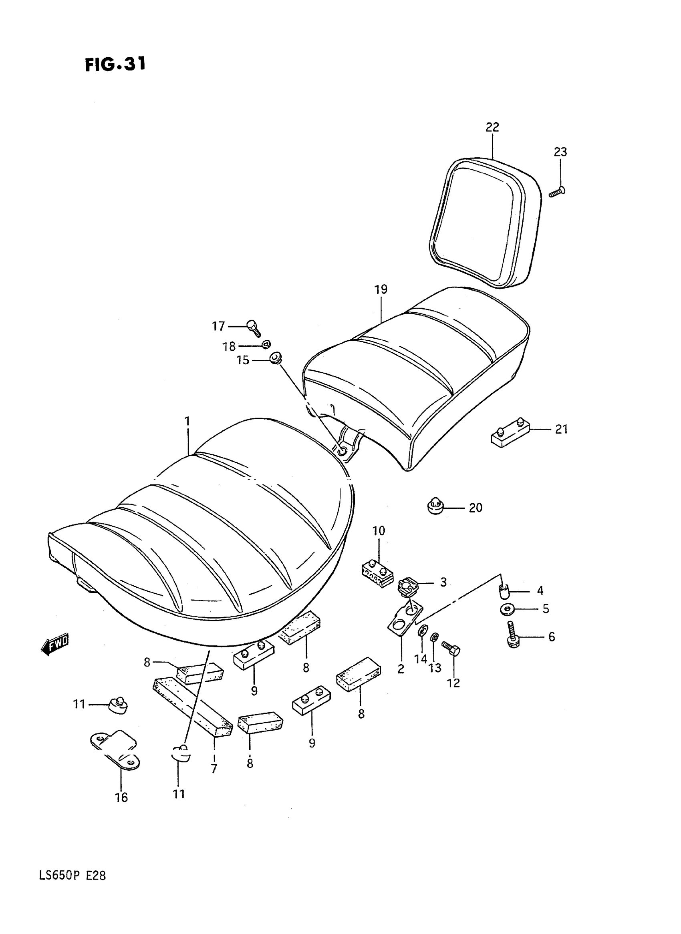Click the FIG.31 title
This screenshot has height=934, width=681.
(x=115, y=64)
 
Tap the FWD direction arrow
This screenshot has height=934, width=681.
(x=55, y=645)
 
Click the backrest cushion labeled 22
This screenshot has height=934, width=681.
(x=484, y=223)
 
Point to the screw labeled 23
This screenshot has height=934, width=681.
(x=557, y=192)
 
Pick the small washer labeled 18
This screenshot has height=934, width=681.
(x=267, y=344)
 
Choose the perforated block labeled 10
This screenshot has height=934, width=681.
(x=377, y=574)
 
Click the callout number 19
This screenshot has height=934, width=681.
(x=381, y=289)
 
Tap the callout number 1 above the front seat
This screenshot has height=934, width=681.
(x=187, y=422)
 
